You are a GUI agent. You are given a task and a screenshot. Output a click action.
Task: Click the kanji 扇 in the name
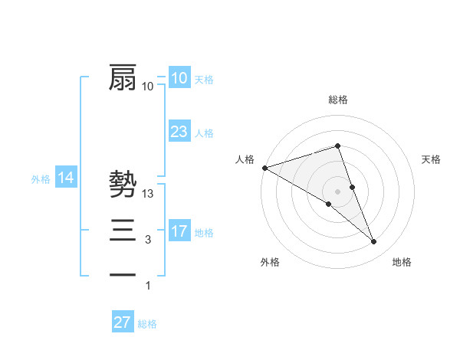point(123,77)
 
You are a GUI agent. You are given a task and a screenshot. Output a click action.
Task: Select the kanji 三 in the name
point(123,229)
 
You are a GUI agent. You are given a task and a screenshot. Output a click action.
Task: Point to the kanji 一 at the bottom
point(123,273)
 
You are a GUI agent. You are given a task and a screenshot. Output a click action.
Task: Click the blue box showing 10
point(179,78)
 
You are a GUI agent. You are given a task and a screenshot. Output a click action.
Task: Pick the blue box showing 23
point(179,132)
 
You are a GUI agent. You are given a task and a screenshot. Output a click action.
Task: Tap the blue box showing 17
point(179,231)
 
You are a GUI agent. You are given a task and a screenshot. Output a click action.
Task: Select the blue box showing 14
point(66,178)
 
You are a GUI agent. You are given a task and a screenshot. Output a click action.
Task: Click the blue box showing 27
point(122,322)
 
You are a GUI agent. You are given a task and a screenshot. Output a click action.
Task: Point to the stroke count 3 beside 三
point(148,240)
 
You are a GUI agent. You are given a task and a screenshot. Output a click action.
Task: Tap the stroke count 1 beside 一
point(148,286)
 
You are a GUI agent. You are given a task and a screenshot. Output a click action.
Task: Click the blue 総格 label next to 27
point(147,324)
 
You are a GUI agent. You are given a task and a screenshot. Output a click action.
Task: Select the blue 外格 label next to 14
point(41,179)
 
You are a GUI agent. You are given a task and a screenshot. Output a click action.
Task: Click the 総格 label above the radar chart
point(337,100)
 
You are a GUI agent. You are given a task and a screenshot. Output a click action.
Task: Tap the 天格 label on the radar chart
point(431,159)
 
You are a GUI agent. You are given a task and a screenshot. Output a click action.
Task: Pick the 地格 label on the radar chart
point(402,262)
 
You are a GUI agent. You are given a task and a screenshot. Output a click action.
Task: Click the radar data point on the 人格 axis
point(264,167)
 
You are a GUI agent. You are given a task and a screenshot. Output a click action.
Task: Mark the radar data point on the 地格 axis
point(374,242)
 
